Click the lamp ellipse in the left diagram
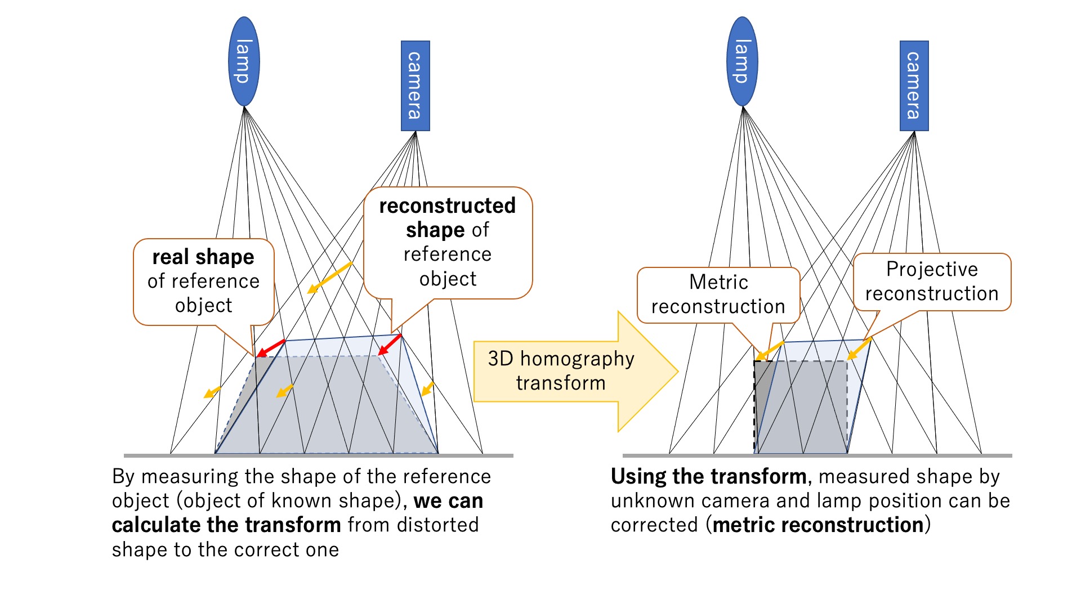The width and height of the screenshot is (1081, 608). (x=244, y=61)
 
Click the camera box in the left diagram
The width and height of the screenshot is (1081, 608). (x=416, y=86)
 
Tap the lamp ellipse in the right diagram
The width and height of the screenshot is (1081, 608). (x=743, y=61)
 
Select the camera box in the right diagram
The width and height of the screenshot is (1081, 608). (x=914, y=86)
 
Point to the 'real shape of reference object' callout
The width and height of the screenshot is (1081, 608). (x=204, y=281)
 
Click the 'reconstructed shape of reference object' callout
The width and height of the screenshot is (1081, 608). (x=448, y=243)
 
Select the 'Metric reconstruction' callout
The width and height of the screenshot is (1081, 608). (x=718, y=294)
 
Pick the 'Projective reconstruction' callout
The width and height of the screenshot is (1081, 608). (x=932, y=281)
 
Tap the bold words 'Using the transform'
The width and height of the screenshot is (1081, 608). (x=708, y=476)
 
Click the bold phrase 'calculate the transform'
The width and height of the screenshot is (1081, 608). (x=226, y=525)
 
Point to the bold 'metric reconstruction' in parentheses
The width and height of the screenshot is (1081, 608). (x=818, y=525)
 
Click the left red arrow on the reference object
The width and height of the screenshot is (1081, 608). (x=271, y=348)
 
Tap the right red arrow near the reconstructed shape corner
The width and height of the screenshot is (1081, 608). (x=390, y=345)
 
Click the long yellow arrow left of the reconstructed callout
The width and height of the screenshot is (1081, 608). (x=329, y=278)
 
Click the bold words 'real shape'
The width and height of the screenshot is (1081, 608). (x=203, y=257)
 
